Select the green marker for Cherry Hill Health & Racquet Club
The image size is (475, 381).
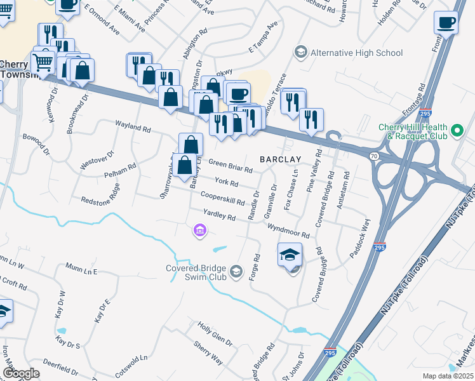pos(457,132)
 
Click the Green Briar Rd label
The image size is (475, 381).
pos(231,166)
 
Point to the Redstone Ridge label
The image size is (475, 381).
pos(100,194)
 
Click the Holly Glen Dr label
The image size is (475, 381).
pos(215,333)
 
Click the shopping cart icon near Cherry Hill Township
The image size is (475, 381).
pos(43,63)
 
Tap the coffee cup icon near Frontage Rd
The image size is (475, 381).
pos(446,23)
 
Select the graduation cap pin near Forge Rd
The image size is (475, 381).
pos(290,255)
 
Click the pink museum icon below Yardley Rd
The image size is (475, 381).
pos(199,230)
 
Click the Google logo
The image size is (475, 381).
pos(21,373)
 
